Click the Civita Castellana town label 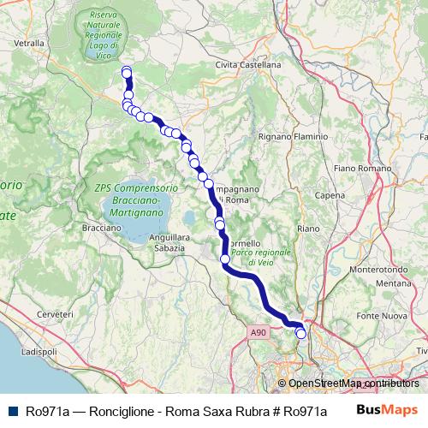pyautogui.click(x=248, y=64)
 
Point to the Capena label pyautogui.click(x=330, y=195)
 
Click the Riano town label pyautogui.click(x=306, y=229)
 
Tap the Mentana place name pyautogui.click(x=393, y=282)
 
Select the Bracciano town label pyautogui.click(x=101, y=229)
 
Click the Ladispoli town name pyautogui.click(x=38, y=352)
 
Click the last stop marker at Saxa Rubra pyautogui.click(x=301, y=334)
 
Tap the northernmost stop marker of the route pyautogui.click(x=127, y=71)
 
